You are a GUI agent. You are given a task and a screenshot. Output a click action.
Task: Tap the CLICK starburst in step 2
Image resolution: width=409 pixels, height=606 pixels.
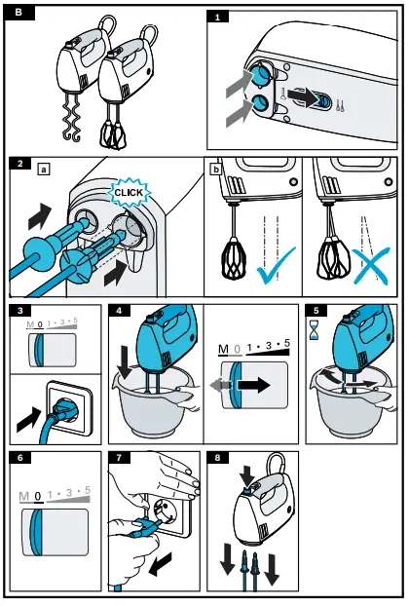[x=128, y=194]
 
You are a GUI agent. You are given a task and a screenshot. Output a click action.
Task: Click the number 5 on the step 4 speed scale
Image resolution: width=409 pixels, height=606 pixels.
[x=286, y=343]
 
